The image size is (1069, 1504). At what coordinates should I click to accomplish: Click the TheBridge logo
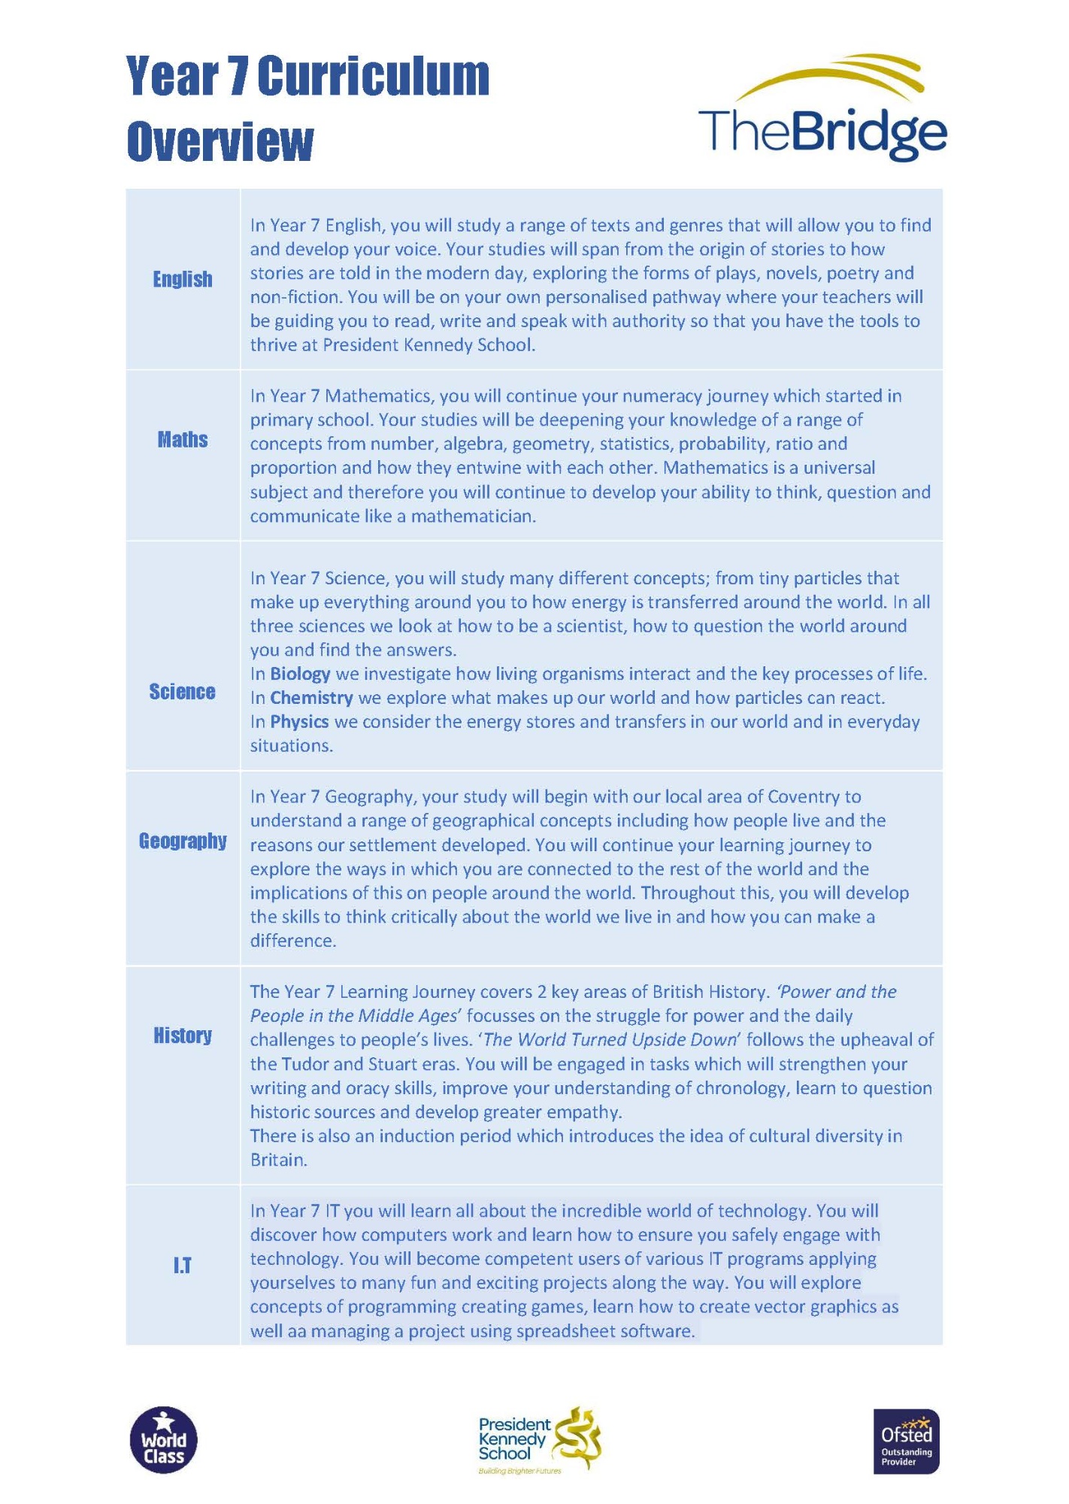tap(822, 109)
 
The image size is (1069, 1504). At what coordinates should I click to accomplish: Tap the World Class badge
tap(164, 1439)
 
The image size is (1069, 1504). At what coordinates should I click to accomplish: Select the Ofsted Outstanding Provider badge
tap(906, 1441)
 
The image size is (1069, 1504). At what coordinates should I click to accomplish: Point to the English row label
tap(183, 280)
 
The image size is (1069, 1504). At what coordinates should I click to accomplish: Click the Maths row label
tap(183, 440)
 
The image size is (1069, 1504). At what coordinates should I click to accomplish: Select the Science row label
tap(183, 692)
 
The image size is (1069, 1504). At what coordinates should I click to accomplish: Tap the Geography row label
tap(183, 841)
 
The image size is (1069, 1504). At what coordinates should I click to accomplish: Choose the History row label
tap(183, 1036)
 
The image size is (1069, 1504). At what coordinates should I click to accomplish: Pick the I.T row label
tap(183, 1266)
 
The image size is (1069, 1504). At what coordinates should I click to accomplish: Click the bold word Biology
tap(300, 674)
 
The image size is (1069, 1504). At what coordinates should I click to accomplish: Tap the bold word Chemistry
tap(311, 698)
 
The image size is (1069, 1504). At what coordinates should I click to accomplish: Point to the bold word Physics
tap(299, 722)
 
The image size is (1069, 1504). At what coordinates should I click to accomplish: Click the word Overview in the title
tap(220, 141)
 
